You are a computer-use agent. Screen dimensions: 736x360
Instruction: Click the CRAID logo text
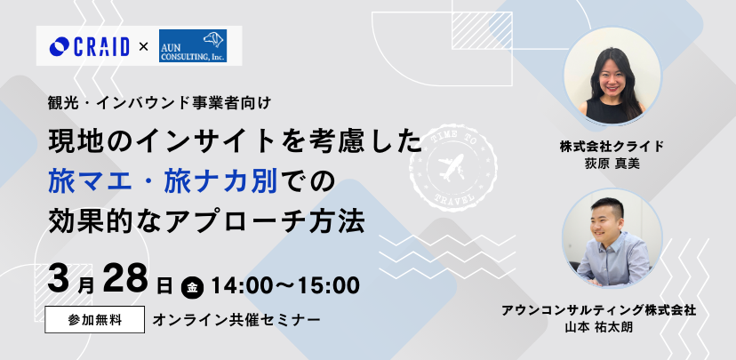pos(100,46)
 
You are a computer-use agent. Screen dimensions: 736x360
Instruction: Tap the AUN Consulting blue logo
pos(193,45)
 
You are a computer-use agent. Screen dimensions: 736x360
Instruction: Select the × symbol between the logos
pos(144,46)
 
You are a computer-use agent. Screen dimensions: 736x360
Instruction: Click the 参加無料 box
pos(95,320)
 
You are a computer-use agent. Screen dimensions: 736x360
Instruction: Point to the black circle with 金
pos(193,287)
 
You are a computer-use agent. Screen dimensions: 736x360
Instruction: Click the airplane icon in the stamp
pos(451,167)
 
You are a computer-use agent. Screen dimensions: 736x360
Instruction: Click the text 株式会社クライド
pos(612,147)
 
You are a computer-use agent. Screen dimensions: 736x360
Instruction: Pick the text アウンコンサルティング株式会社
pos(598,310)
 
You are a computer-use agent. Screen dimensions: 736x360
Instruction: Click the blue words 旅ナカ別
pos(220,182)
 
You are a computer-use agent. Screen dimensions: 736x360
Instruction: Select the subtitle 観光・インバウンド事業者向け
pos(160,102)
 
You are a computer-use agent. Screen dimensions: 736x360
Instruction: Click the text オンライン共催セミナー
pos(236,320)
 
